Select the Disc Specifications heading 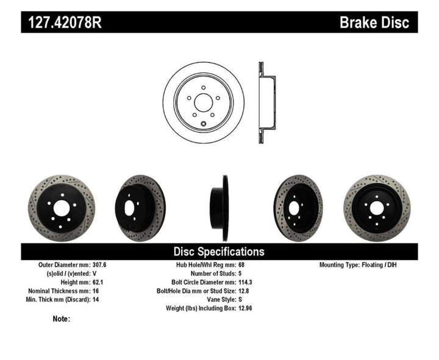coord(219,251)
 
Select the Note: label coord(61,319)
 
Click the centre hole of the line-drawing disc coord(203,101)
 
